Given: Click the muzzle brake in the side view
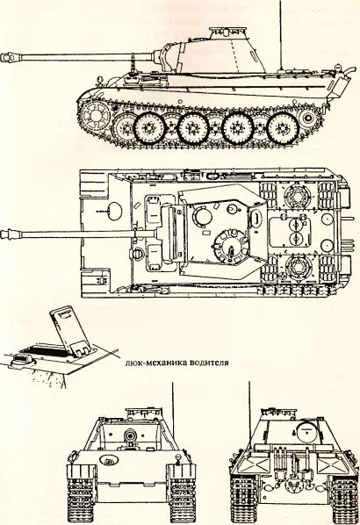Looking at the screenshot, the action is coord(10,57).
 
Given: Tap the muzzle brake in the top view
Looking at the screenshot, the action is coord(10,234).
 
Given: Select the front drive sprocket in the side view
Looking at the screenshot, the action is coord(95,116).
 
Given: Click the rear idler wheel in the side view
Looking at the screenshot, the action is coord(307,119).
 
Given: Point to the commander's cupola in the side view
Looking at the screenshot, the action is coord(228,32).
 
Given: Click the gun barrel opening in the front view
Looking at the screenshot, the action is coord(130,435).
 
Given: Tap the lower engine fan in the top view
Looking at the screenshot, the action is coord(297,269).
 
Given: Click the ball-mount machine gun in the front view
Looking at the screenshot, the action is coord(109,460).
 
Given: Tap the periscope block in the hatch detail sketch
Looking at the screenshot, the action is coord(24,360).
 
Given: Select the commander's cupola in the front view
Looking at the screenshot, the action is coord(144,413).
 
